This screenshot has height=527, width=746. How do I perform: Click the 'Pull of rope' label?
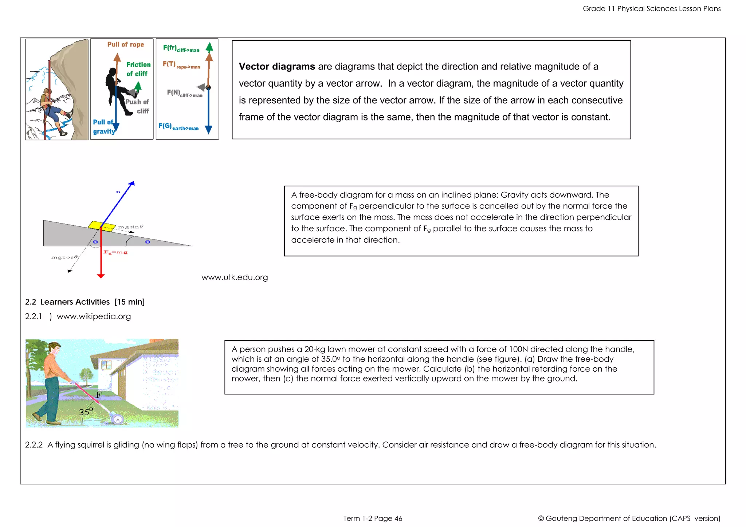126,44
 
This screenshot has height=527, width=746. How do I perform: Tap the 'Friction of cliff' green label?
138,69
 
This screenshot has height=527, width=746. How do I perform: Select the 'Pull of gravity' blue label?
103,127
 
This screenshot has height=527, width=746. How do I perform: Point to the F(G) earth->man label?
178,127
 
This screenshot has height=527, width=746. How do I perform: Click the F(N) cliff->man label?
184,93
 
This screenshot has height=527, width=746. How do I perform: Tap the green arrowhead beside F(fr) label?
209,47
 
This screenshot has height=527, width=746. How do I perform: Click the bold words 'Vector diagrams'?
276,67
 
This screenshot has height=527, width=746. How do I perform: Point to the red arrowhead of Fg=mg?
101,276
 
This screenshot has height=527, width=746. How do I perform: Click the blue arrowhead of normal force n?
132,183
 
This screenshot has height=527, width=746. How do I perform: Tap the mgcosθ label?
64,257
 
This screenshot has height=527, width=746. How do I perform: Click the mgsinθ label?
130,227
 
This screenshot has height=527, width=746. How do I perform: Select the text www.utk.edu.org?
235,277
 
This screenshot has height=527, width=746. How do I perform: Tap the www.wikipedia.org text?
94,316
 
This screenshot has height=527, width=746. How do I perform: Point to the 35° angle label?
86,412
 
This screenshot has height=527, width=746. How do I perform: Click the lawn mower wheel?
118,420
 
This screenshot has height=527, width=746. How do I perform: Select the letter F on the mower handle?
98,395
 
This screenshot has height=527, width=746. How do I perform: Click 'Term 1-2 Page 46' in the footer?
372,518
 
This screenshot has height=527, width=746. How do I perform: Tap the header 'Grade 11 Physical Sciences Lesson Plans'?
651,9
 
